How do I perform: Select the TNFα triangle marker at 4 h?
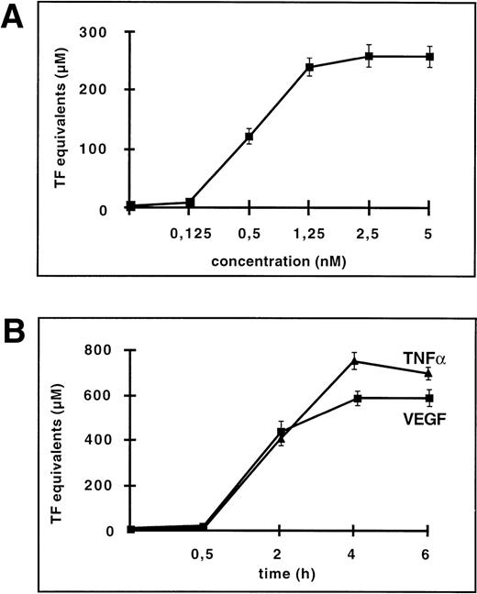[x=355, y=361]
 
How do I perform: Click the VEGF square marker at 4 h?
[x=355, y=398]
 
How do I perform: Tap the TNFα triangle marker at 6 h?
[x=428, y=373]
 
